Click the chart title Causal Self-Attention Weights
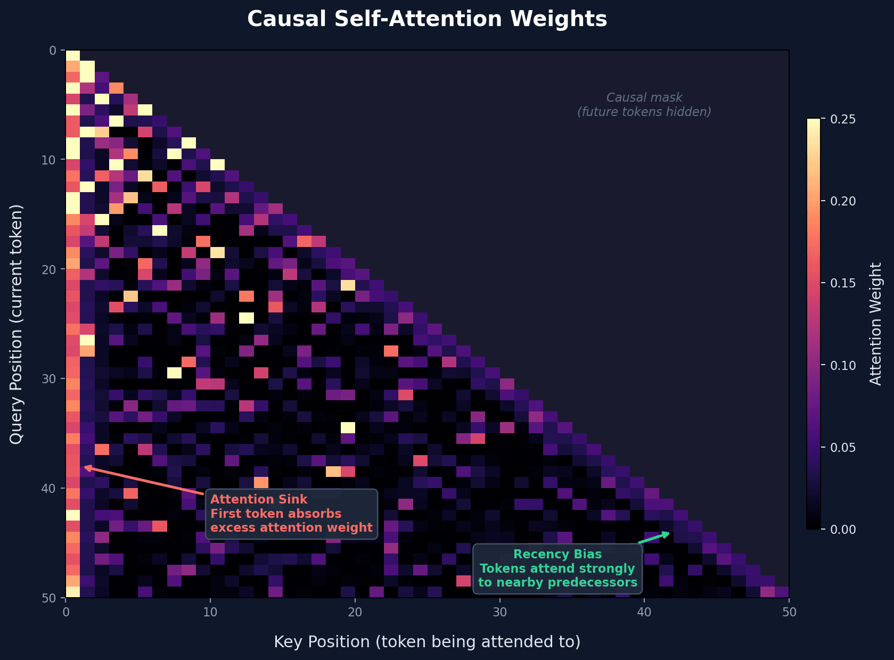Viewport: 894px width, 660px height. coord(427,19)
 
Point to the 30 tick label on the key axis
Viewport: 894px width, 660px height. coord(499,612)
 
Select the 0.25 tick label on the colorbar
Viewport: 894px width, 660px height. coord(843,119)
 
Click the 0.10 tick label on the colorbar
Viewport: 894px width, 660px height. coord(843,365)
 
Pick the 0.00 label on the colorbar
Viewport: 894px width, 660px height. coord(843,529)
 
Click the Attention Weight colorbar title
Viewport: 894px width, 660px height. coord(875,324)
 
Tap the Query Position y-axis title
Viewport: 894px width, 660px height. coord(17,324)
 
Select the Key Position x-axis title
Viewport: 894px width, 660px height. coord(427,642)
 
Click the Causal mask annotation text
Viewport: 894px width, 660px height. coord(644,98)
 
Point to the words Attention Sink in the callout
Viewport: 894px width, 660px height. coord(259,499)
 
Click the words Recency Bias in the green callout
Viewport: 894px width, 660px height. coord(557,554)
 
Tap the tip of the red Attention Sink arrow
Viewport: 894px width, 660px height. coord(85,467)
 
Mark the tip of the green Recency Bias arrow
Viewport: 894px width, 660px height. coord(669,533)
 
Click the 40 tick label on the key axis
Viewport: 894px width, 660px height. coord(644,612)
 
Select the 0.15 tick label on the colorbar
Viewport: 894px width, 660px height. coord(843,283)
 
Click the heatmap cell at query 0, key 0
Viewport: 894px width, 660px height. coord(73,56)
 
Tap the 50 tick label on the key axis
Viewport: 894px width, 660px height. coord(789,612)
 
